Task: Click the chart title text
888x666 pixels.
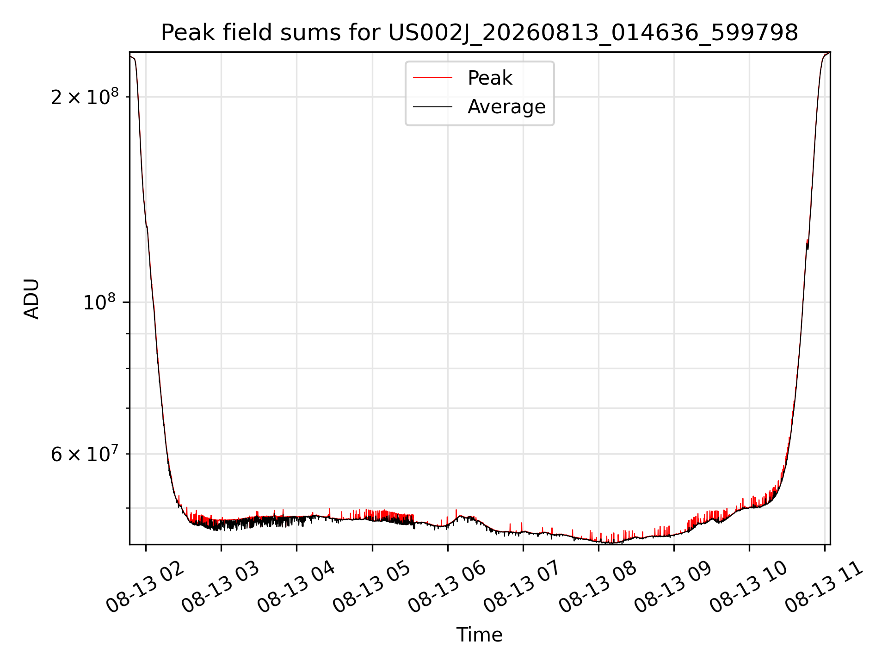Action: (480, 33)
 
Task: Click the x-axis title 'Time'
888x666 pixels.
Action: (480, 635)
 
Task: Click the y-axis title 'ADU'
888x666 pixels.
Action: (31, 298)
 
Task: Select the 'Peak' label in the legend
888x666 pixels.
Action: (490, 78)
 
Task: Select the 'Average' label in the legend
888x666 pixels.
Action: (506, 107)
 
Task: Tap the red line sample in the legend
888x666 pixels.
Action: (432, 78)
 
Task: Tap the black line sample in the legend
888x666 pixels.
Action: (432, 107)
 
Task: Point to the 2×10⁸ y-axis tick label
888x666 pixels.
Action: (85, 96)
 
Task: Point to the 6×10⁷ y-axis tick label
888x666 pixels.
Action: (85, 454)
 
